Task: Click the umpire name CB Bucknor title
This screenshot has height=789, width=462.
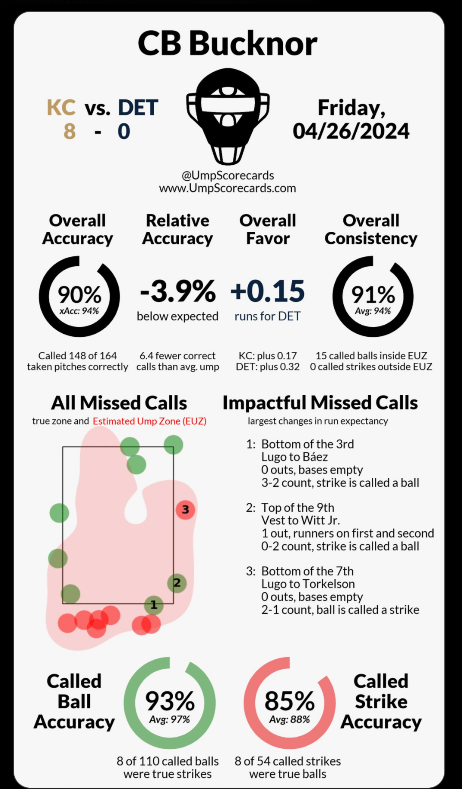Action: pyautogui.click(x=228, y=44)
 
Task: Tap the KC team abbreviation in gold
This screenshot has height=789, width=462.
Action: pyautogui.click(x=61, y=108)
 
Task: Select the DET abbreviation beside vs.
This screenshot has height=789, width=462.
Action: pyautogui.click(x=138, y=108)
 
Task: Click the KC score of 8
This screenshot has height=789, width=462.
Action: pyautogui.click(x=70, y=131)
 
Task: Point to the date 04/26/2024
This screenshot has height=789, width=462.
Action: pyautogui.click(x=351, y=131)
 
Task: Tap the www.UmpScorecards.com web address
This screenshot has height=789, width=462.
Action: pyautogui.click(x=228, y=188)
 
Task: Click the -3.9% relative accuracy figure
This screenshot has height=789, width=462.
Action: pyautogui.click(x=177, y=291)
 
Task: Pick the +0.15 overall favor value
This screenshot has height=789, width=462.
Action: pyautogui.click(x=268, y=291)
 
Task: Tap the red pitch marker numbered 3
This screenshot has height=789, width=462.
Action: pyautogui.click(x=185, y=510)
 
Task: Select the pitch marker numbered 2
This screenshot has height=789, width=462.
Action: pyautogui.click(x=177, y=583)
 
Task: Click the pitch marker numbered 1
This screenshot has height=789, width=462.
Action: pyautogui.click(x=154, y=605)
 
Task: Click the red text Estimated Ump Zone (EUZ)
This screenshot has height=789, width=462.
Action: pyautogui.click(x=149, y=421)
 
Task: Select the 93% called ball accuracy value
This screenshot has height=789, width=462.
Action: pyautogui.click(x=170, y=701)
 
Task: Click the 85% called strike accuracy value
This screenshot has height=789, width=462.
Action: pyautogui.click(x=289, y=701)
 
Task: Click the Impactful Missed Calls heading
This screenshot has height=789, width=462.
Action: pyautogui.click(x=320, y=402)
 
